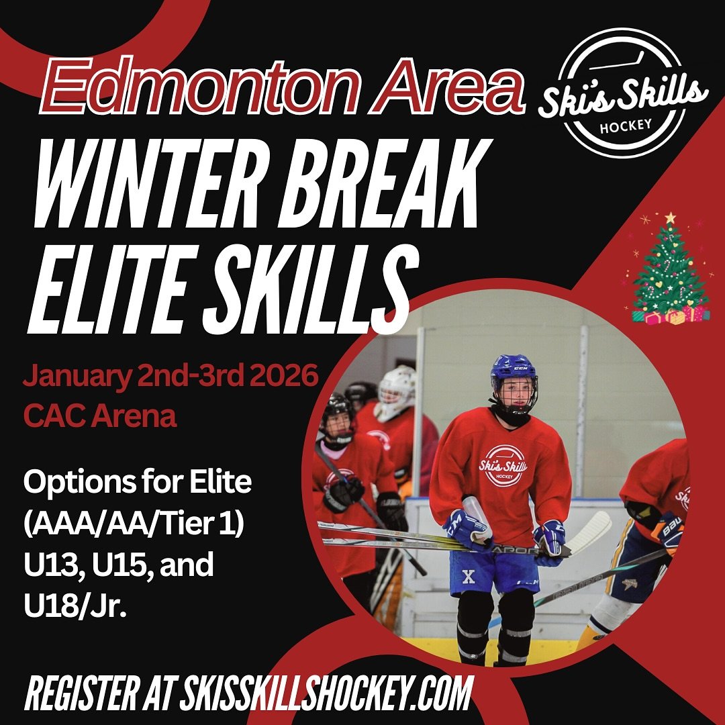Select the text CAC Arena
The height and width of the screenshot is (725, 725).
point(100,416)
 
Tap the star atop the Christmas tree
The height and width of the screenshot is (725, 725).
point(670,218)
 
